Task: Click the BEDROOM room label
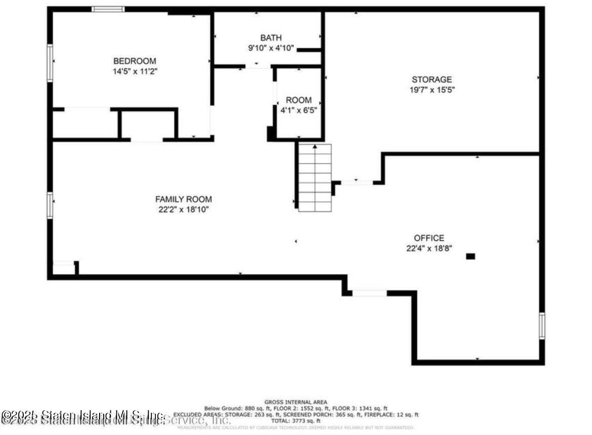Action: tap(135, 61)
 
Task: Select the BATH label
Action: tap(271, 38)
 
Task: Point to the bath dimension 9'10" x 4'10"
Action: tap(271, 49)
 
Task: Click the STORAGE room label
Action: tap(432, 79)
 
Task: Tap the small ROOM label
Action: tap(299, 100)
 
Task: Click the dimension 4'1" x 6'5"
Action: tap(299, 110)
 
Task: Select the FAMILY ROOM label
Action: tap(183, 199)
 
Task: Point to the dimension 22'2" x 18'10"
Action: tap(183, 209)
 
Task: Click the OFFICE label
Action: tap(429, 238)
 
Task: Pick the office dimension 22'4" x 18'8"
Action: tap(429, 248)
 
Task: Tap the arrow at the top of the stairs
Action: tap(315, 147)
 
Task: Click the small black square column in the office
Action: tap(471, 256)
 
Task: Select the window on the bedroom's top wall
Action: tap(108, 9)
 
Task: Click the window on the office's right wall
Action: tap(542, 326)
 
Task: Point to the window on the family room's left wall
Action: tap(50, 205)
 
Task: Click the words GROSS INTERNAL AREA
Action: tap(295, 402)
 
